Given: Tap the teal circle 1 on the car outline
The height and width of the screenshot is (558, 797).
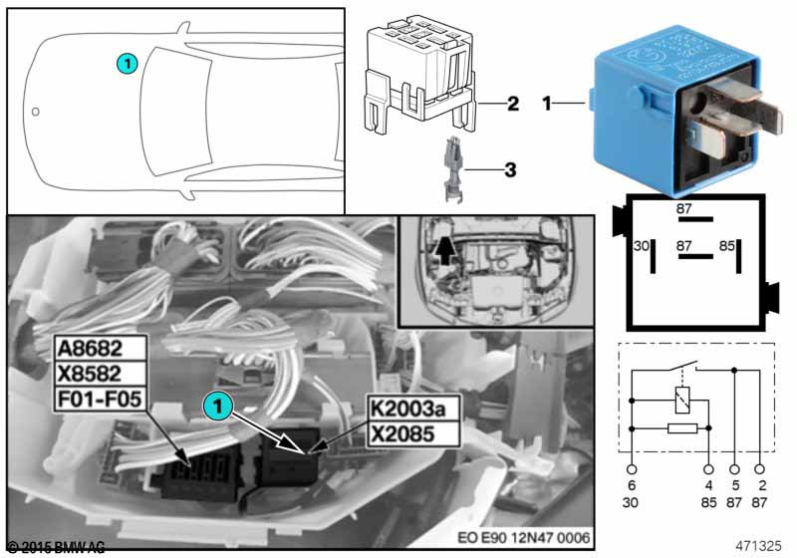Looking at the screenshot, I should click(126, 63).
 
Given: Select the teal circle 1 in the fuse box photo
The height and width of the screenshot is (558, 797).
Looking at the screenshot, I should click(216, 407).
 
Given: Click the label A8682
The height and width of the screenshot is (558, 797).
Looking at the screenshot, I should click(100, 349).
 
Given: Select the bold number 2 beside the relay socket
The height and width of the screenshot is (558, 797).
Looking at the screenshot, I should click(512, 103).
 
